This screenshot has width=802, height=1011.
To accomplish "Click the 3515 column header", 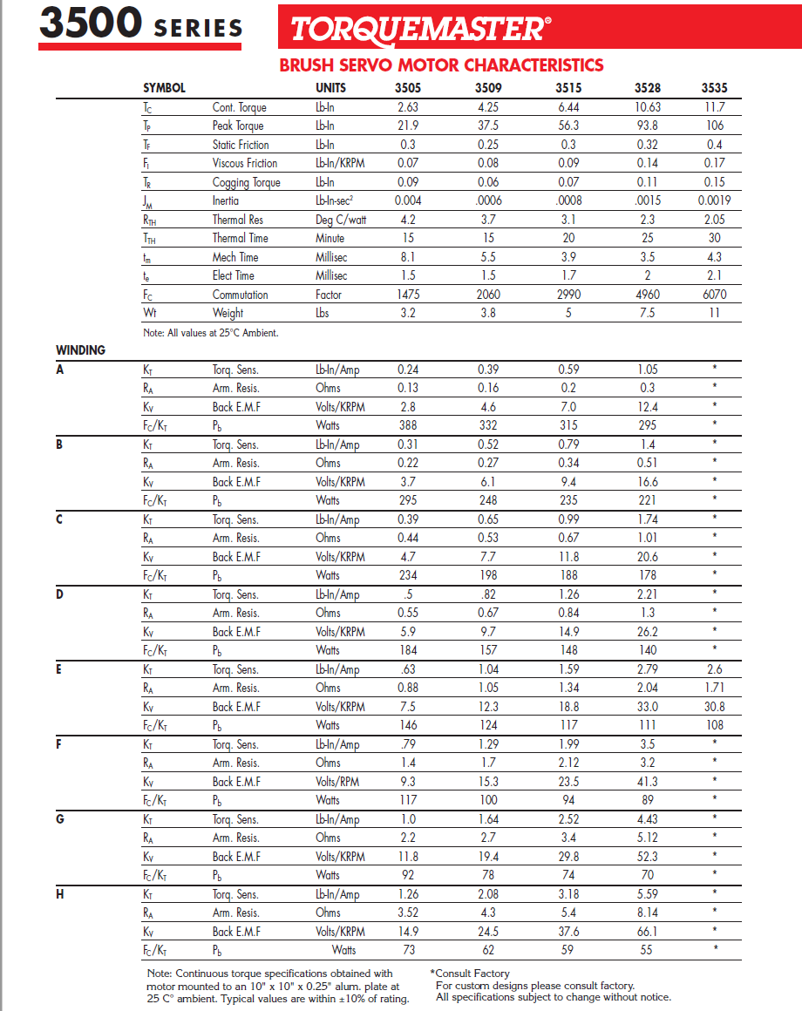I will point(568,88).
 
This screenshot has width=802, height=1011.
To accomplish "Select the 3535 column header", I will point(714,88).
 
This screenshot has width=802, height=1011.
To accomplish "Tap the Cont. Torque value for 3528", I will point(648,107).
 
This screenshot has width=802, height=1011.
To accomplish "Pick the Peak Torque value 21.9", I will point(407,126).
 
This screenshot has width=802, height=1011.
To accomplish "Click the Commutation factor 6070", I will point(714,295).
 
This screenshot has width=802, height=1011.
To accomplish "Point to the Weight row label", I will point(228,313).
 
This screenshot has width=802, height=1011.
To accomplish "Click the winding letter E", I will point(59,669).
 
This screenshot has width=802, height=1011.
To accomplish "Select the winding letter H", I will point(59,894).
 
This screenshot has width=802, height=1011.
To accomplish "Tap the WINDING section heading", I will point(80,350).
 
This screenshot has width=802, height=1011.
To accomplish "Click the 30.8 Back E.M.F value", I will point(714,707).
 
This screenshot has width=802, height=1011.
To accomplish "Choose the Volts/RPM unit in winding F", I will point(339,782).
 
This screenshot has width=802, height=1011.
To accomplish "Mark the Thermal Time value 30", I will point(714,238).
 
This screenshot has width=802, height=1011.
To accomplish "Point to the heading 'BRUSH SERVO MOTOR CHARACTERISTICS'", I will point(441,65).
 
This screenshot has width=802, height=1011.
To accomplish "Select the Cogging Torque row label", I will point(246,182).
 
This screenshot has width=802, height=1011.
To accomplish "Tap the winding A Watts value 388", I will point(407,425).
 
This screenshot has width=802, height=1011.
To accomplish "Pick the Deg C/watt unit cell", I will point(341,220).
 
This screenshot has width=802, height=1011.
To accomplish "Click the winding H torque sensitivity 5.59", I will point(648,894).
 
